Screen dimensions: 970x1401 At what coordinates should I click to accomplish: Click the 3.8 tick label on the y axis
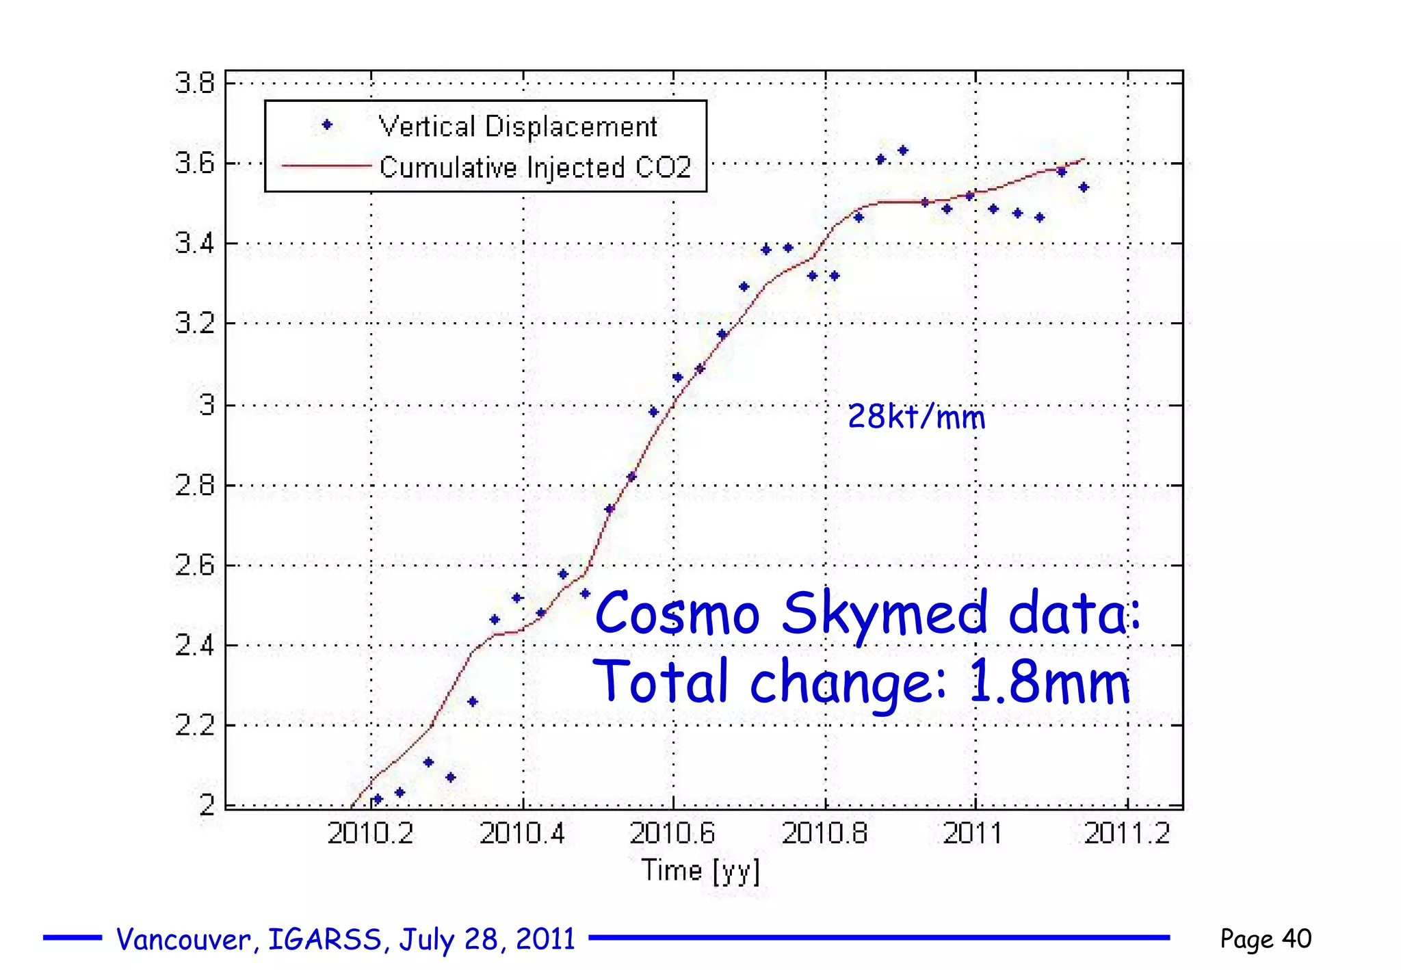point(194,83)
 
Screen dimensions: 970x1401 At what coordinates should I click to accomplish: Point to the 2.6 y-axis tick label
point(194,566)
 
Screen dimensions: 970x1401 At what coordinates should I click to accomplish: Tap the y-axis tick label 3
point(207,405)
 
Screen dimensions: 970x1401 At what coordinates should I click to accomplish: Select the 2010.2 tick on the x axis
point(371,834)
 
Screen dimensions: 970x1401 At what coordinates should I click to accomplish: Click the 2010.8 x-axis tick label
point(824,834)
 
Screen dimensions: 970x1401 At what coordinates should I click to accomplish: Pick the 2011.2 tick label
point(1127,834)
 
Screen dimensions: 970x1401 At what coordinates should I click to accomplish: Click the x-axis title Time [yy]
point(700,871)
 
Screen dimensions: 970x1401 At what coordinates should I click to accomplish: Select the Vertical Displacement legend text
point(518,127)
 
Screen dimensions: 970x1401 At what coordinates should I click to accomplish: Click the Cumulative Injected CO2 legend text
point(535,168)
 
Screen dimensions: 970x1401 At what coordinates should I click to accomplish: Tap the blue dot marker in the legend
point(327,124)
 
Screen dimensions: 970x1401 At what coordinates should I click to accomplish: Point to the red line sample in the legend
point(326,166)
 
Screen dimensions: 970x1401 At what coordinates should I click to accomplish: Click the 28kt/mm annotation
point(916,417)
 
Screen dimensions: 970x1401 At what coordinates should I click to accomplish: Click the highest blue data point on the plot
point(903,150)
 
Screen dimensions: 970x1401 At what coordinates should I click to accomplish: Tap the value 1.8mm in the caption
point(1049,682)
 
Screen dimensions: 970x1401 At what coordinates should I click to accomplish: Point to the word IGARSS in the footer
point(324,939)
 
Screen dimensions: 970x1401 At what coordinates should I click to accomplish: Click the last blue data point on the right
point(1084,187)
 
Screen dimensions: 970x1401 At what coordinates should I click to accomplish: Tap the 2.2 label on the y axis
point(194,725)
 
